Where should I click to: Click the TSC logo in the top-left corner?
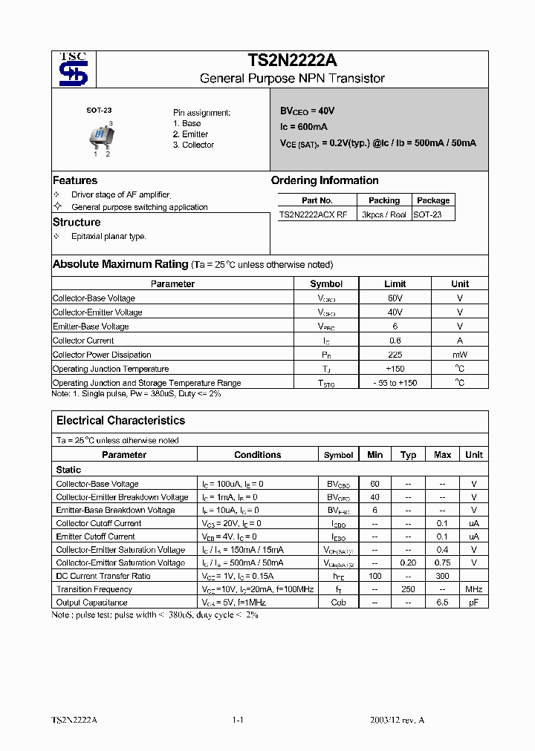pyautogui.click(x=74, y=69)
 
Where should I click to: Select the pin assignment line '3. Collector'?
pyautogui.click(x=193, y=145)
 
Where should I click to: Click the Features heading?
pyautogui.click(x=75, y=180)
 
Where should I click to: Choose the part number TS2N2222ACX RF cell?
pyautogui.click(x=313, y=214)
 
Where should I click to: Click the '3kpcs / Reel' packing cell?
pyautogui.click(x=383, y=214)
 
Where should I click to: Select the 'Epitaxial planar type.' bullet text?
pyautogui.click(x=108, y=236)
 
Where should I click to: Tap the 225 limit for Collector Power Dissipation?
pyautogui.click(x=395, y=355)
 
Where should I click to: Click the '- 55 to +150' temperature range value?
pyautogui.click(x=395, y=383)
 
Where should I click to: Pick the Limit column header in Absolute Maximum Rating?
pyautogui.click(x=395, y=283)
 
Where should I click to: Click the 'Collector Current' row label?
pyautogui.click(x=83, y=341)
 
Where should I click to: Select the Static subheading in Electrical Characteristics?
pyautogui.click(x=68, y=470)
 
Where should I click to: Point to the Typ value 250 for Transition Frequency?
pyautogui.click(x=408, y=589)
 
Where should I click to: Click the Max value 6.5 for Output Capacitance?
pyautogui.click(x=442, y=603)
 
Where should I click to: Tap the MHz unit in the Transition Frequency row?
pyautogui.click(x=473, y=589)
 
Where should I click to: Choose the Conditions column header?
pyautogui.click(x=258, y=455)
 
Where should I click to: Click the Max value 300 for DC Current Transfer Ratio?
pyautogui.click(x=442, y=576)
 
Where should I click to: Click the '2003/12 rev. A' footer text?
pyautogui.click(x=398, y=720)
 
